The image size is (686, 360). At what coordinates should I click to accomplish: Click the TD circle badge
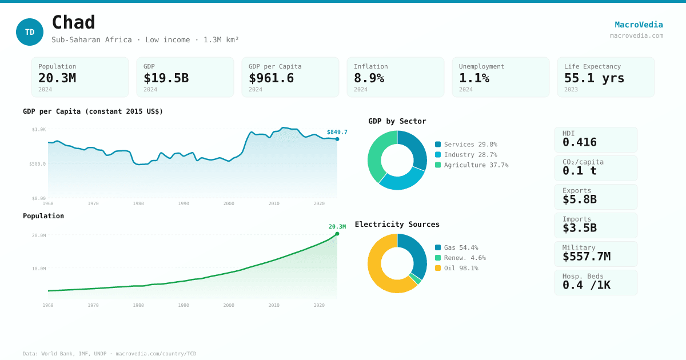[30, 32]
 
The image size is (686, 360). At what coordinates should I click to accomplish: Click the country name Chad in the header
[73, 23]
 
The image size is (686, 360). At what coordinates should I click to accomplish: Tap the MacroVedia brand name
[639, 25]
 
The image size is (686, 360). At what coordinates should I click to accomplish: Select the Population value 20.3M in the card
[57, 78]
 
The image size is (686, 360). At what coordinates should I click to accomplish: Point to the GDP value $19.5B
[166, 78]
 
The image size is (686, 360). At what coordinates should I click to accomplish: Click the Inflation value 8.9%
[369, 78]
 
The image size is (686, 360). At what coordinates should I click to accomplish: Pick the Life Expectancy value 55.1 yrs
[594, 78]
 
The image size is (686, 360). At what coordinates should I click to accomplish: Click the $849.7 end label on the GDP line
[337, 132]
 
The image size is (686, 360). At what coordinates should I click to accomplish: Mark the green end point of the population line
[337, 234]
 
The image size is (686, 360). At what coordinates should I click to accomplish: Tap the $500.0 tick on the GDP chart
[37, 164]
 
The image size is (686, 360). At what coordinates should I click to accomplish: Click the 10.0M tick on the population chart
[39, 269]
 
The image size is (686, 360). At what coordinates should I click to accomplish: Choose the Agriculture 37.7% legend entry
[472, 165]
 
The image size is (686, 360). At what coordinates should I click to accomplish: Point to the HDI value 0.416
[579, 142]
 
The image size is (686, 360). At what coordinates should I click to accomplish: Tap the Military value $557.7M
[586, 257]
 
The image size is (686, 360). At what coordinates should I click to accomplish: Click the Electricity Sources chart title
[397, 225]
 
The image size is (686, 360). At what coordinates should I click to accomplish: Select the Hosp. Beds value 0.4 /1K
[586, 285]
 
